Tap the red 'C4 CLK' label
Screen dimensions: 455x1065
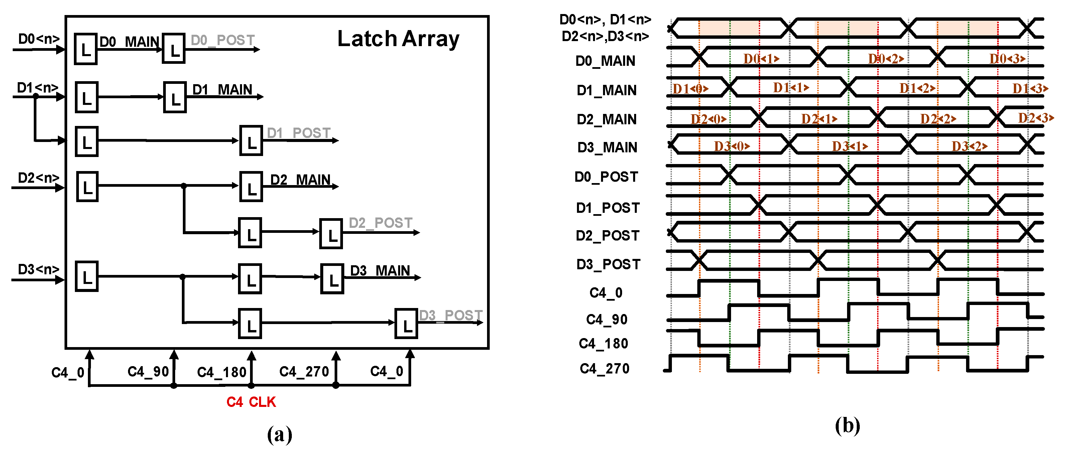251,402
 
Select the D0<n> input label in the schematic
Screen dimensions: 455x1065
39,39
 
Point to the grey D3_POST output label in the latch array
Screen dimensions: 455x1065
450,315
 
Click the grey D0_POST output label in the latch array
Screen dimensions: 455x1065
222,40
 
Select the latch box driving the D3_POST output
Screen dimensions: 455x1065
406,324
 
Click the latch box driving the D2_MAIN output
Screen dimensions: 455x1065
251,186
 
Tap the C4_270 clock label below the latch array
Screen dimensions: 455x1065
304,371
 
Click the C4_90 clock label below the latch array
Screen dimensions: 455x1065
148,371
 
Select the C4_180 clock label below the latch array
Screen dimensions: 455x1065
222,372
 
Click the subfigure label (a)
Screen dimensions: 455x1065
279,434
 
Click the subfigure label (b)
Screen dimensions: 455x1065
847,425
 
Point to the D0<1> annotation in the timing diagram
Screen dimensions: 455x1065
761,59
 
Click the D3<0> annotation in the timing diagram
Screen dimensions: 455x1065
732,146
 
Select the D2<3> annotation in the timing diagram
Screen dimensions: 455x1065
1036,118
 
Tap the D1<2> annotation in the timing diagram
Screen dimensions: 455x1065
917,88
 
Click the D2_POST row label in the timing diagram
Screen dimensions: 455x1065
607,235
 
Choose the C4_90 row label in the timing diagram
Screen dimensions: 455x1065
606,319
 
